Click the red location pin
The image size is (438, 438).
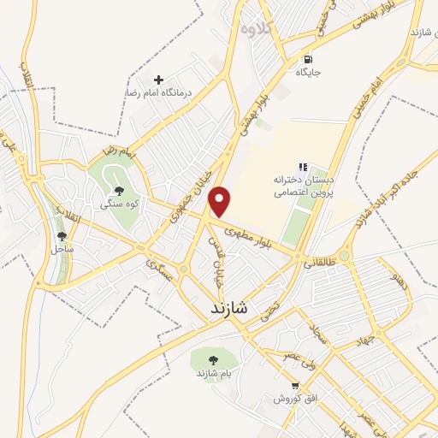pos(221,200)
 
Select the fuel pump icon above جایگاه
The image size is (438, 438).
pos(306,60)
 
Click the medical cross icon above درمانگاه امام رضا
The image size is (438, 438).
pos(158,80)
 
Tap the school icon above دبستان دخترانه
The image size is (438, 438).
pos(301,168)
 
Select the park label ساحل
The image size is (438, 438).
pos(61,249)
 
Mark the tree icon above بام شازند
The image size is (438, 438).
pos(215,360)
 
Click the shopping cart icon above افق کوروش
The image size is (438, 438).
pos(295,387)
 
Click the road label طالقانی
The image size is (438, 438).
pos(318,266)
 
